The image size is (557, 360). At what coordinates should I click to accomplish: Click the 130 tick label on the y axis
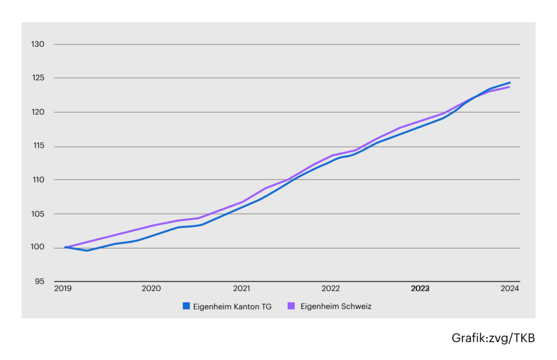(38, 44)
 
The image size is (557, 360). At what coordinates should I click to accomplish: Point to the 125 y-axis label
(38, 77)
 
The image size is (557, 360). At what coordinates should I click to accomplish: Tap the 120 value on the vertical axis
(38, 112)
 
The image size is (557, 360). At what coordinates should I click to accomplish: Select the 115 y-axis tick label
(39, 145)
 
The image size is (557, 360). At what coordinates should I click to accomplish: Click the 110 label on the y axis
(39, 179)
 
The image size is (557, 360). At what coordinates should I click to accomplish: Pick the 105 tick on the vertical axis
(38, 214)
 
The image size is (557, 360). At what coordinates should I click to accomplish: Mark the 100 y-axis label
(38, 247)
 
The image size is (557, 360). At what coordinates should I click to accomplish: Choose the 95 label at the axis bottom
(39, 281)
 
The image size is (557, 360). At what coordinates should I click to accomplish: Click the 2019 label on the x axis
(63, 288)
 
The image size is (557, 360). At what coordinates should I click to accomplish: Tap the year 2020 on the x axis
(151, 288)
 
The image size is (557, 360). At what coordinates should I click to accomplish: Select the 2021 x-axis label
(242, 288)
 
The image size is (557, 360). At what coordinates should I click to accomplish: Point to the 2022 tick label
(331, 288)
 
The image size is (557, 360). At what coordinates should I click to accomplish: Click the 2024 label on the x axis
(510, 288)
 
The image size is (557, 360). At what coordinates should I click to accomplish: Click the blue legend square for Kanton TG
(186, 306)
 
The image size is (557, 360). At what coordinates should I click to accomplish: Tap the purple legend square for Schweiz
(291, 306)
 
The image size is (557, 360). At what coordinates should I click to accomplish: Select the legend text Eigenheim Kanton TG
(232, 306)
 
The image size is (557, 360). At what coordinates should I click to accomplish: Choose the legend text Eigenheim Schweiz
(336, 306)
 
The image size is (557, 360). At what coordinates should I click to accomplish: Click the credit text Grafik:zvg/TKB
(493, 338)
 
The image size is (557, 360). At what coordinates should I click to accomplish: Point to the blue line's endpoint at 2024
(510, 83)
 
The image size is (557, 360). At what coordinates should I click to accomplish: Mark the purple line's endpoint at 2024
(509, 87)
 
